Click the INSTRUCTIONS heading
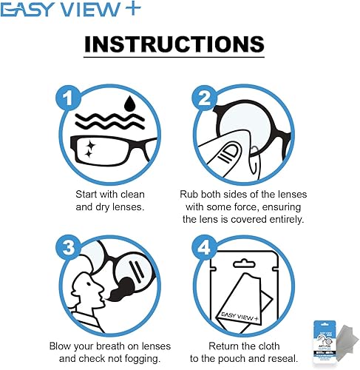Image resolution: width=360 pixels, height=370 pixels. click(174, 43)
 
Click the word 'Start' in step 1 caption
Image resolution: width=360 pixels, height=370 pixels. click(90, 194)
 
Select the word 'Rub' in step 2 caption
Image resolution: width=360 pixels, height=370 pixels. click(190, 194)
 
